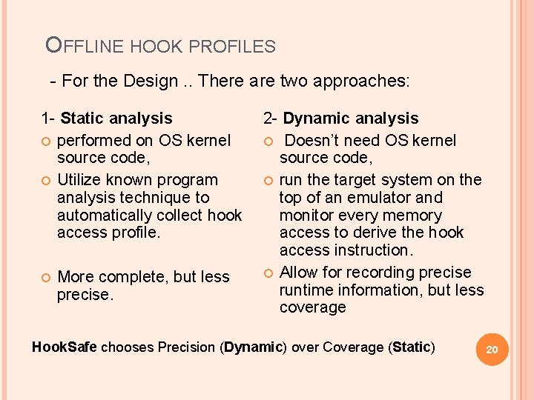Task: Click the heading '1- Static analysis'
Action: coord(107,118)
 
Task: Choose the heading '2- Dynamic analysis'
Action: coord(341,118)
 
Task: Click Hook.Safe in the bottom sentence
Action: coord(65,347)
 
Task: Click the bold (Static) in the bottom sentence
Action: coord(411,347)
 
